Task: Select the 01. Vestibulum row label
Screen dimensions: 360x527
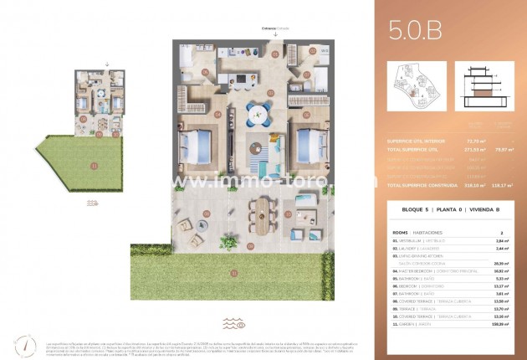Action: pyautogui.click(x=408, y=239)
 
